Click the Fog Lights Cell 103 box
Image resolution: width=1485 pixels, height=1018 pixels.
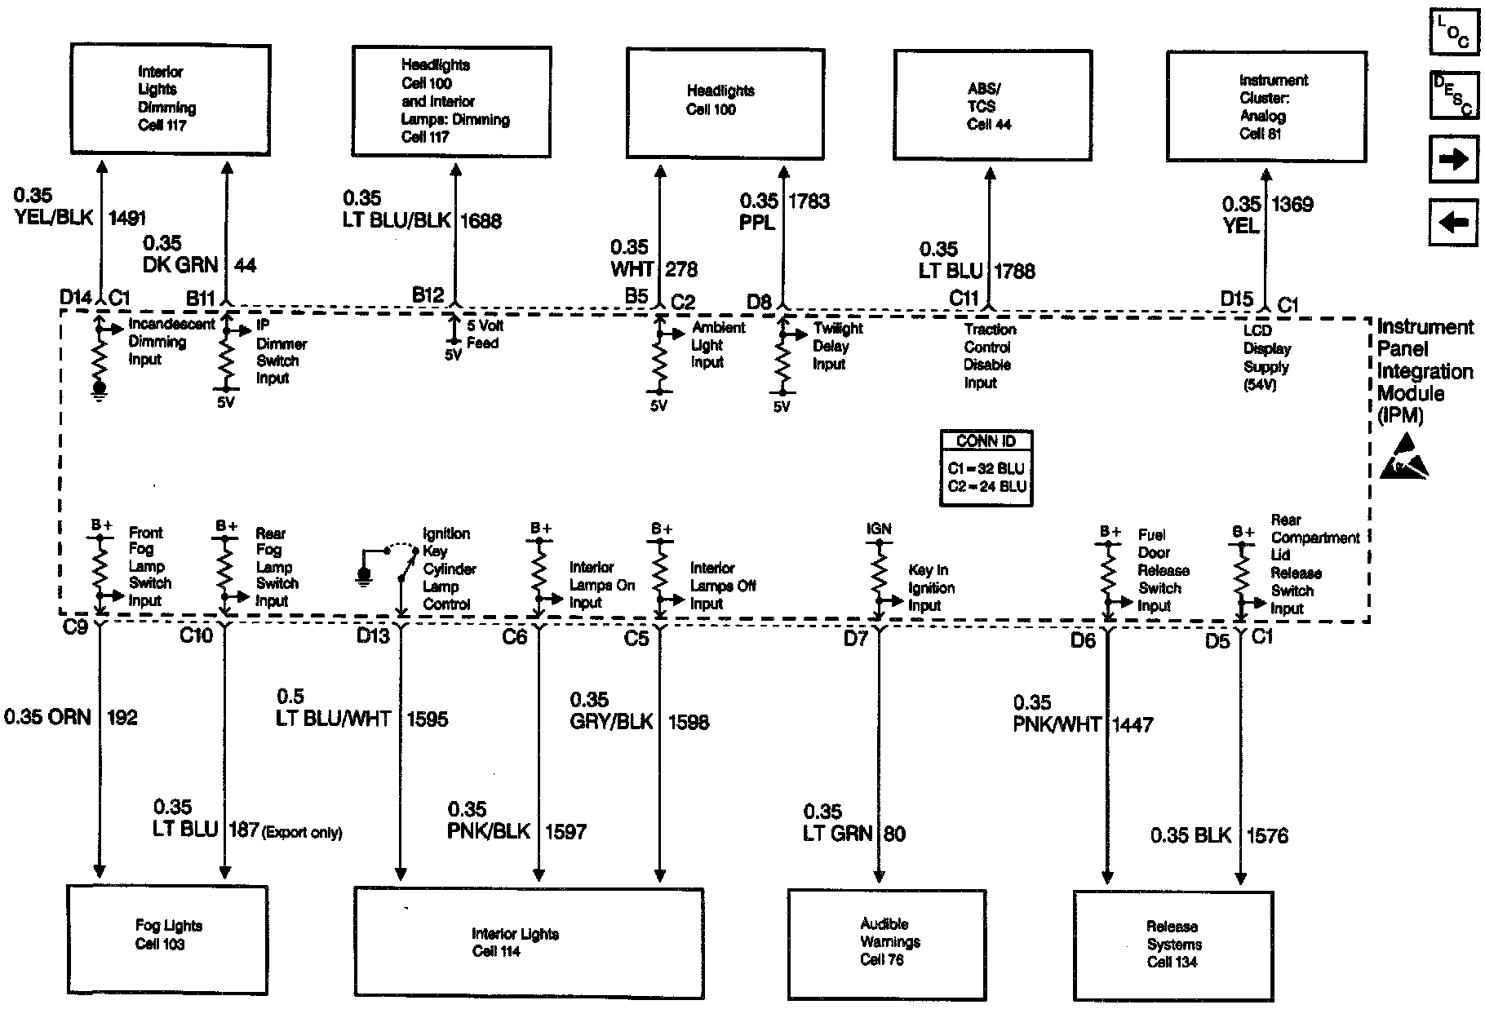167,941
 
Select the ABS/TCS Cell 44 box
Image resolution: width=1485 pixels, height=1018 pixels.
992,106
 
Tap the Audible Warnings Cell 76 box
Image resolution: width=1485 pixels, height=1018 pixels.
888,943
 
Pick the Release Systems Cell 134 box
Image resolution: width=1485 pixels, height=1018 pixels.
1172,945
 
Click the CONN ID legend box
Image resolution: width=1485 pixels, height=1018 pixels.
986,467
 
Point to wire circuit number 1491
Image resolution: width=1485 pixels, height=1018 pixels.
127,218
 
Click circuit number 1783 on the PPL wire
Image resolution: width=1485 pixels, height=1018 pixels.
809,201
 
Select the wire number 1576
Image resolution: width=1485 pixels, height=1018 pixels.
1267,835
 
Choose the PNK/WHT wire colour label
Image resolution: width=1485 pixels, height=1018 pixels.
1057,724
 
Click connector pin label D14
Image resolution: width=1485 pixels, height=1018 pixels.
75,298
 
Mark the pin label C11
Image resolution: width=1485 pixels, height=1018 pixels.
964,299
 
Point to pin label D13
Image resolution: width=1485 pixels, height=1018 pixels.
373,636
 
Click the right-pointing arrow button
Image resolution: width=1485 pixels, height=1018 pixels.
1453,159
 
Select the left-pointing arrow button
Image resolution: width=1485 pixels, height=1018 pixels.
1453,222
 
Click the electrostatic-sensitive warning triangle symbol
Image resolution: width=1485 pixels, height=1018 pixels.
1403,458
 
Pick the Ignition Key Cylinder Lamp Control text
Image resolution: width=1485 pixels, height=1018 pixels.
448,569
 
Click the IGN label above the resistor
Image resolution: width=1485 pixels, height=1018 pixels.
879,529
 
